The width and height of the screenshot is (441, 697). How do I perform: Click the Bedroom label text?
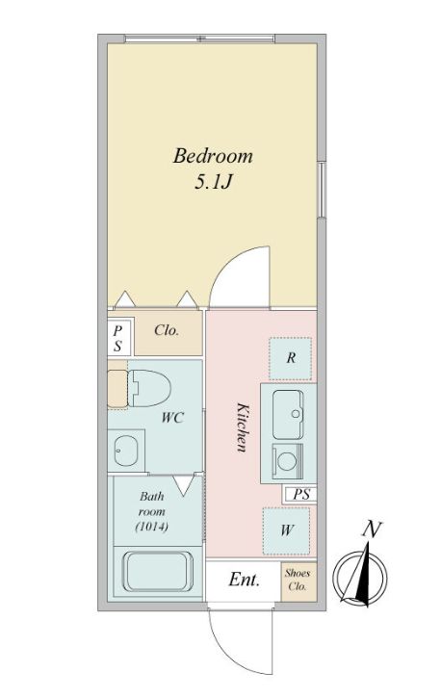point(212,155)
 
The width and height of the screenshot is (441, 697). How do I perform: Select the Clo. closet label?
point(168,330)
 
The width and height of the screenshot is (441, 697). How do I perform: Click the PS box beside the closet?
point(118,336)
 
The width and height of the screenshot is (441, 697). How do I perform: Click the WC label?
point(172,418)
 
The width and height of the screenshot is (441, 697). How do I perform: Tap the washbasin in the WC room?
point(125,449)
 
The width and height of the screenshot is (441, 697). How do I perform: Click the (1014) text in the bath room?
point(152,528)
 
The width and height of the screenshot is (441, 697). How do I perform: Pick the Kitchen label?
point(243,427)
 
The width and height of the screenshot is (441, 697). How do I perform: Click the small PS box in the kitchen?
point(299,495)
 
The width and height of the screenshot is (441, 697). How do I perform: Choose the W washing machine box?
point(288,530)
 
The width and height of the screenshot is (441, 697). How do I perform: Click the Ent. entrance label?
point(245,581)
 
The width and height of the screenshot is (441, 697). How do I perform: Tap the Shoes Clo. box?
point(297,580)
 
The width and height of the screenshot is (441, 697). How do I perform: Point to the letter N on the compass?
point(369,529)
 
